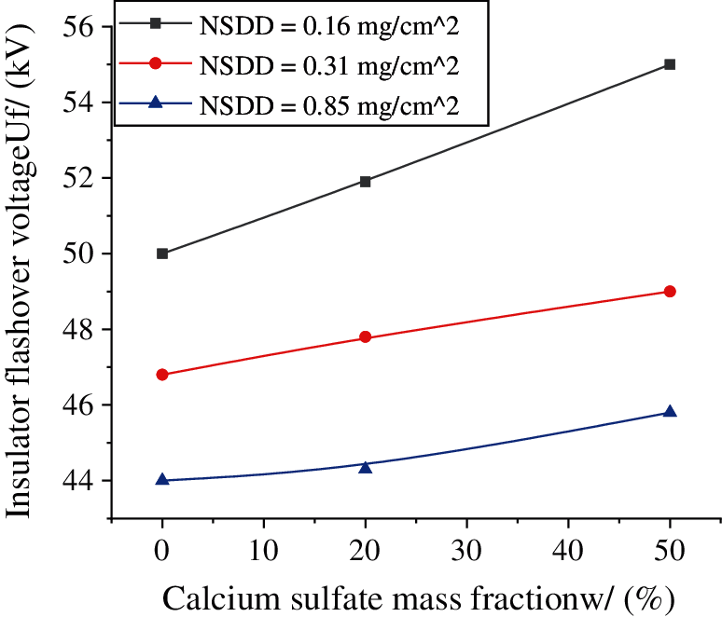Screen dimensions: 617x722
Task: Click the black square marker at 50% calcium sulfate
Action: click(669, 64)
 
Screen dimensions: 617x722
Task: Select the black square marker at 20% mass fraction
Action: click(365, 182)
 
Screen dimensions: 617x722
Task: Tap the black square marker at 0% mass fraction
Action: click(162, 254)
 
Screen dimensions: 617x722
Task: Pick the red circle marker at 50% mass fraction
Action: click(669, 292)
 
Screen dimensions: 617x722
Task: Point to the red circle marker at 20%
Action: click(365, 337)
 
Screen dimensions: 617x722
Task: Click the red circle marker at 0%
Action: click(162, 375)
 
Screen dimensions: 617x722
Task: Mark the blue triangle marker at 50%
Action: click(669, 412)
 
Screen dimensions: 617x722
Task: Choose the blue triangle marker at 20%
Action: click(365, 466)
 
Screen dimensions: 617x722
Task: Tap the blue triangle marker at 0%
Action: click(162, 480)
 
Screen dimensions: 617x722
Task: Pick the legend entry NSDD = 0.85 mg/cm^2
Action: click(329, 103)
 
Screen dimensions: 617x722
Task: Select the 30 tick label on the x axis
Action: click(466, 551)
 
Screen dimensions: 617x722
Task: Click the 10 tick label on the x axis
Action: click(263, 551)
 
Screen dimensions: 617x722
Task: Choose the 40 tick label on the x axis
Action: click(567, 551)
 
